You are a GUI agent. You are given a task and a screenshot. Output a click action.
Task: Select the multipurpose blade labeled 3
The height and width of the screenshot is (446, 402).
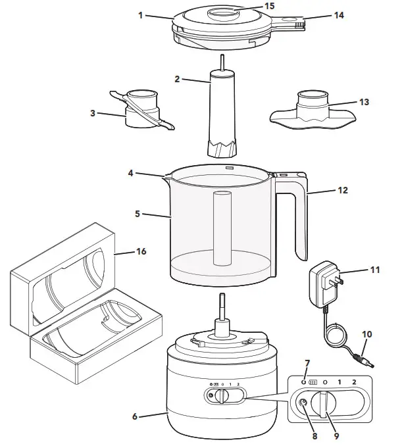pyautogui.click(x=141, y=112)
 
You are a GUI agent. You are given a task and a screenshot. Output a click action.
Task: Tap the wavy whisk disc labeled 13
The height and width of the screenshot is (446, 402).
pyautogui.click(x=315, y=112)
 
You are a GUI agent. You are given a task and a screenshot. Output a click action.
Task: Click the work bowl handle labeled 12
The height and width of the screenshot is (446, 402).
pyautogui.click(x=300, y=217)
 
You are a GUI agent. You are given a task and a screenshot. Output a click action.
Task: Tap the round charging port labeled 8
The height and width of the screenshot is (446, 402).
pyautogui.click(x=303, y=405)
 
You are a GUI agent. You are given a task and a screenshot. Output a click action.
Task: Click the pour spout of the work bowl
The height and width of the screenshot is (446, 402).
pyautogui.click(x=167, y=175)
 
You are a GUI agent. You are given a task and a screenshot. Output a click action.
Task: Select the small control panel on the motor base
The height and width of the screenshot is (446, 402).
pyautogui.click(x=224, y=396)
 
